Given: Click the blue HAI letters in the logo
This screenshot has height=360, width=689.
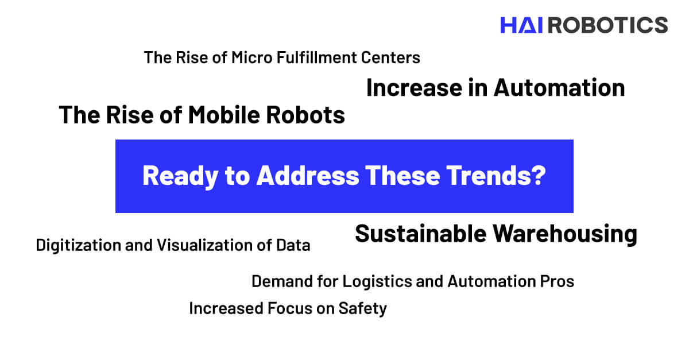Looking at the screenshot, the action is click(521, 25).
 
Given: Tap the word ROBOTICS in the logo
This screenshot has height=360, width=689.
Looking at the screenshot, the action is click(608, 25).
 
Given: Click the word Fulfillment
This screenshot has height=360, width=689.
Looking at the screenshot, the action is click(316, 57).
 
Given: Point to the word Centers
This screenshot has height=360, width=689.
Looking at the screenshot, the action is click(390, 57).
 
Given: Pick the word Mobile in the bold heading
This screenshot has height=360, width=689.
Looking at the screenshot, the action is click(224, 115).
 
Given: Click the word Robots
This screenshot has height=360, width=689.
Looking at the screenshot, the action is click(305, 115).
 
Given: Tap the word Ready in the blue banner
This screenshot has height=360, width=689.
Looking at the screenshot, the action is click(180, 176).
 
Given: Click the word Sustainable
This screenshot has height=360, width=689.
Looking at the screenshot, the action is click(420, 234).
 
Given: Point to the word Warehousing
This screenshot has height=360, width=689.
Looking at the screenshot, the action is click(565, 234).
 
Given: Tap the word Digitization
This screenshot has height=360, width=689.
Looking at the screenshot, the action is click(79, 245).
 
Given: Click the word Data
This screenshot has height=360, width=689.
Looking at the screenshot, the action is click(293, 245).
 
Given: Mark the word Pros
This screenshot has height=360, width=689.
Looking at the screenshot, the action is click(557, 281).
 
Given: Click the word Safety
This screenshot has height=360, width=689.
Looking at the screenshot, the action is click(363, 309).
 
